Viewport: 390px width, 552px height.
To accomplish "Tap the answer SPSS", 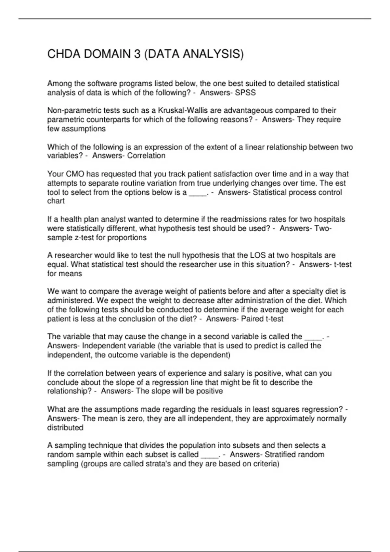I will click(x=245, y=93).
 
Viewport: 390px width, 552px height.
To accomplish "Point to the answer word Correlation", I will click(x=146, y=156).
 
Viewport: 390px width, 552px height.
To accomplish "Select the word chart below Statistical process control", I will click(x=56, y=201).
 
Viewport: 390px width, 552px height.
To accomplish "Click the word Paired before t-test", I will click(x=252, y=319).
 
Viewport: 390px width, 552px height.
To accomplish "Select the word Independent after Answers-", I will click(x=103, y=346).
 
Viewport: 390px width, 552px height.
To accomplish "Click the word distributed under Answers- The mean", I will click(x=65, y=428).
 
